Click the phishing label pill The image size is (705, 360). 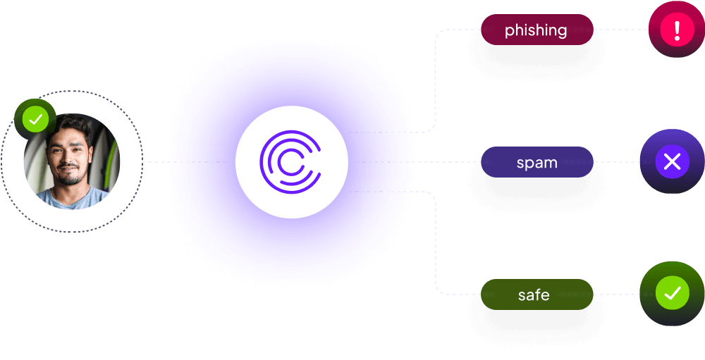pyautogui.click(x=537, y=30)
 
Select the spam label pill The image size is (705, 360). pyautogui.click(x=537, y=162)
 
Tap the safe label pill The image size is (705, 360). pyautogui.click(x=537, y=294)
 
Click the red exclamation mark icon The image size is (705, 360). pyautogui.click(x=677, y=30)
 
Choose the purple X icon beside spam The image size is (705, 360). pyautogui.click(x=672, y=163)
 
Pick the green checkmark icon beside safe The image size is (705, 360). pyautogui.click(x=672, y=293)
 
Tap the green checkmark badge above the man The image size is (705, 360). pyautogui.click(x=35, y=119)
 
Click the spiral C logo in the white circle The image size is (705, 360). pyautogui.click(x=290, y=162)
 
